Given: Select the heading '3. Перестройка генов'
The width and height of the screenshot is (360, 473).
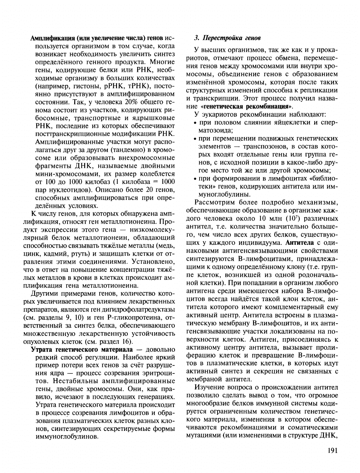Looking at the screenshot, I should point(227,38).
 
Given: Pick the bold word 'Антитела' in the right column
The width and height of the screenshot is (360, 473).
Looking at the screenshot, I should point(299,242).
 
